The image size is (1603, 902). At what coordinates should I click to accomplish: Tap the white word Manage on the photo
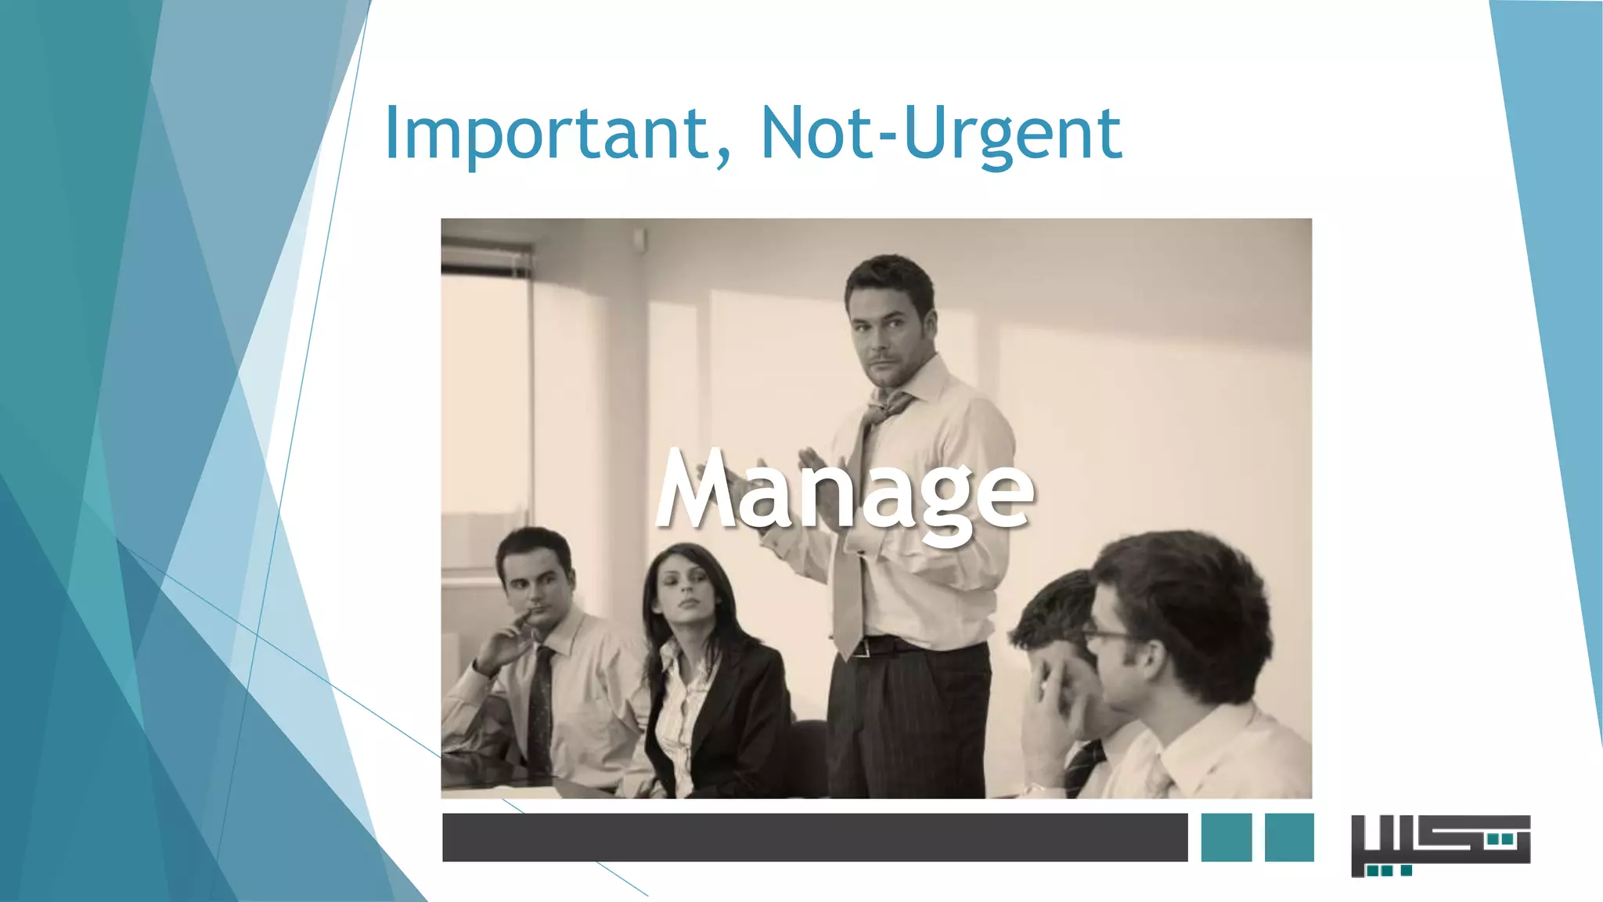click(845, 493)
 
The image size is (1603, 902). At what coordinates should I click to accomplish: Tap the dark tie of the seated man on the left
click(539, 705)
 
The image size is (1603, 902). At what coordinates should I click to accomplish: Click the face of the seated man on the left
click(536, 583)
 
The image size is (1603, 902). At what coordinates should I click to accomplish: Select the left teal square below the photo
click(1226, 837)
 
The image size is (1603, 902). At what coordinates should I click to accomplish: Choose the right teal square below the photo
click(1289, 837)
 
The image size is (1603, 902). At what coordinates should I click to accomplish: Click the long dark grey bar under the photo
click(814, 837)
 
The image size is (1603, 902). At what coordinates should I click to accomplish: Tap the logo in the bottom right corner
click(1440, 845)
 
